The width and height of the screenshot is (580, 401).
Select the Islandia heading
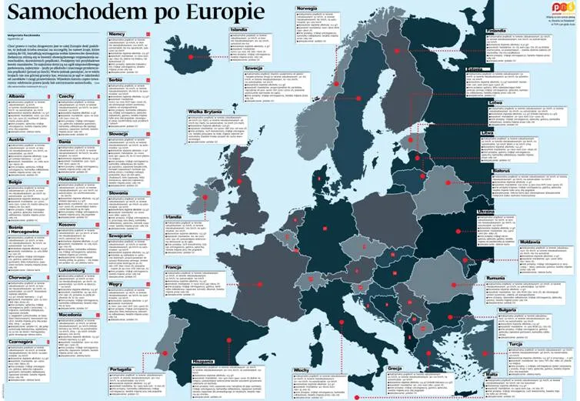pos(239,29)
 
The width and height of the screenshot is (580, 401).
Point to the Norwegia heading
pos(307,8)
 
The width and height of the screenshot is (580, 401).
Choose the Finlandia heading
pos(497,32)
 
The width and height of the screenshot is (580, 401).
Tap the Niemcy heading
pos(117,35)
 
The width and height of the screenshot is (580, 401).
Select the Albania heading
pos(17,96)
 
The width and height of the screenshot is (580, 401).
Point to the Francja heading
pos(174,266)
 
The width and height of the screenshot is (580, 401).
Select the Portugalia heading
pos(121,369)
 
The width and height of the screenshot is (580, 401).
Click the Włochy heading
pos(302,369)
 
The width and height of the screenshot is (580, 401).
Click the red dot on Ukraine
pos(458,231)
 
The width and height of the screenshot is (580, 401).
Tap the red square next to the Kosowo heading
pos(97,225)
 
